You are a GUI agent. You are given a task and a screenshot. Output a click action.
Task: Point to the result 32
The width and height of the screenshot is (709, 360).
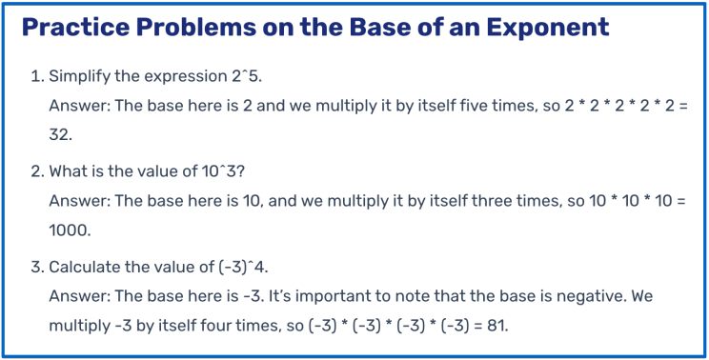60,136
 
